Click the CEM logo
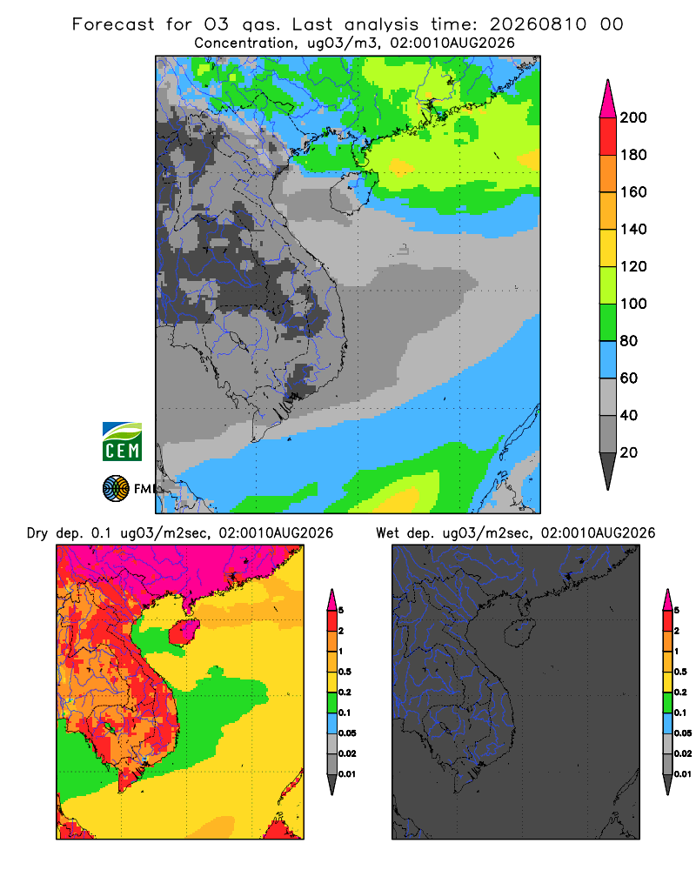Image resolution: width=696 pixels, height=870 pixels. coord(122,442)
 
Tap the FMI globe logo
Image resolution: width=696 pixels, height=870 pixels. coord(116,489)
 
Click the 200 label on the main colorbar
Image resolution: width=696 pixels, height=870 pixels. coord(633,117)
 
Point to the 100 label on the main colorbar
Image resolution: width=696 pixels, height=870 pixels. coord(633,304)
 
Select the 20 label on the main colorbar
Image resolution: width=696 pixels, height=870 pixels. coord(629,452)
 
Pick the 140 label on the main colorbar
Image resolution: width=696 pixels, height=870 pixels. coord(633,229)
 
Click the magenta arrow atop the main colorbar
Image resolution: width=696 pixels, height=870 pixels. coord(608,99)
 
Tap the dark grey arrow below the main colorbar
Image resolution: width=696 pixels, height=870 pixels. coord(608,471)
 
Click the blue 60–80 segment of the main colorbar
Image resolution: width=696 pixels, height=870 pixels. coord(608,359)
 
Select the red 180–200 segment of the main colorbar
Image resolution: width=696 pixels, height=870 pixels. coord(608,137)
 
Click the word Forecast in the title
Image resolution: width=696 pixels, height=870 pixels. coord(113,24)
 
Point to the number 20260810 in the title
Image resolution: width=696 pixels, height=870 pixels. coord(538,24)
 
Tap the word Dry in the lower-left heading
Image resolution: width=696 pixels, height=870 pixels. coord(37,533)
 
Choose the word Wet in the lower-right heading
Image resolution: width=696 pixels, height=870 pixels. coord(387,532)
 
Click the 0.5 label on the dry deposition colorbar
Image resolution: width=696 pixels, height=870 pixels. coord(345,672)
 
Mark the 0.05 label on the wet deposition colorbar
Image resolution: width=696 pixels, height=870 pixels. coord(683,733)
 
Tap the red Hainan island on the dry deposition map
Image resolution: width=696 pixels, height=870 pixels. coord(184,633)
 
